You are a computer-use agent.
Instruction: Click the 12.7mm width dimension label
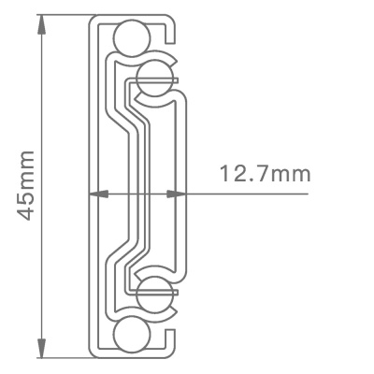(x=266, y=175)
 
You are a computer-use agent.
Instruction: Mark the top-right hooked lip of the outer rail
(x=173, y=33)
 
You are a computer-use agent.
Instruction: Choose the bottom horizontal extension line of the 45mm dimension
(x=65, y=357)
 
